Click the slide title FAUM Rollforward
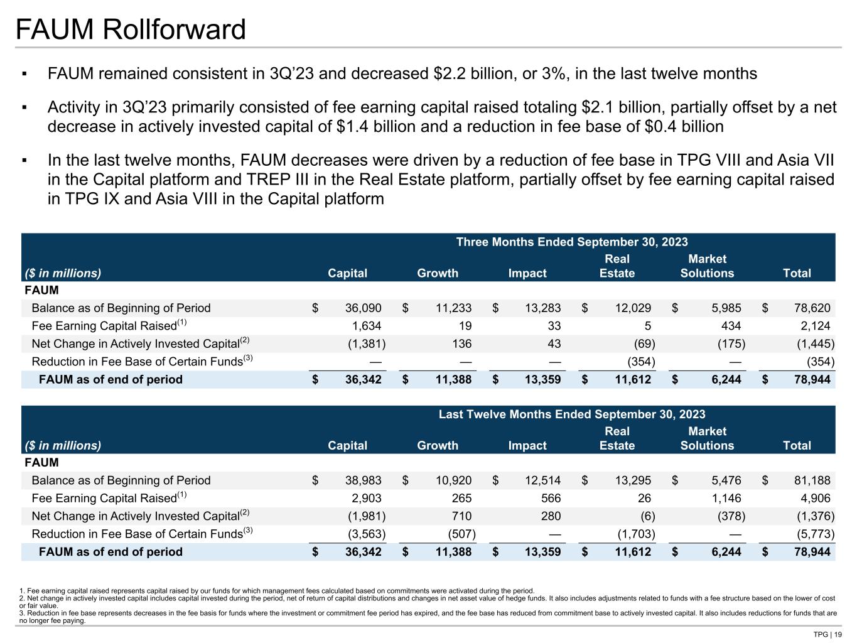tap(131, 30)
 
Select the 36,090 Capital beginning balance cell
tap(363, 308)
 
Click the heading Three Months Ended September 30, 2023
tap(571, 242)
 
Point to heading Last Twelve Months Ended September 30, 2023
tap(571, 414)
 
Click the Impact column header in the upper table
tap(527, 273)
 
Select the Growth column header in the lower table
tap(438, 445)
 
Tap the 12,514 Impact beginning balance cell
tap(543, 480)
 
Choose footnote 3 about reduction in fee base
tap(427, 617)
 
